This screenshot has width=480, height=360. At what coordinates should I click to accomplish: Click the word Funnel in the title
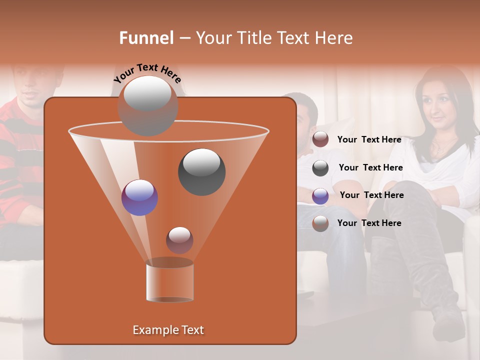point(146,38)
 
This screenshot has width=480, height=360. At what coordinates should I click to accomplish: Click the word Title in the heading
point(252,38)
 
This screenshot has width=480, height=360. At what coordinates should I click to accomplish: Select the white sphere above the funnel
point(147,105)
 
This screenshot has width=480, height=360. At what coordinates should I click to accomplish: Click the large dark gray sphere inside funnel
point(202,172)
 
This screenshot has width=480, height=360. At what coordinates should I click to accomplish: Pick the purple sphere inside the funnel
point(139,197)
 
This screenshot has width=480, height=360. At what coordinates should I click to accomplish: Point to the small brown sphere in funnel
point(179,240)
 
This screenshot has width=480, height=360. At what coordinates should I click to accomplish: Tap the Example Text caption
point(168,330)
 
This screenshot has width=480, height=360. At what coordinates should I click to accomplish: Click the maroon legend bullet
point(320,139)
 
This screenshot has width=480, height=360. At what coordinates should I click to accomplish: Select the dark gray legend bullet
point(320,168)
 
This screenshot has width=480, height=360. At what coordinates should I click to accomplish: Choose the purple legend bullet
point(320,195)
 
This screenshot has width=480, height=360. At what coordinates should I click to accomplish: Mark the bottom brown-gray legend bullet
point(320,223)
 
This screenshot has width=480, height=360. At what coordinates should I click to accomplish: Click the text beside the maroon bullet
point(369,140)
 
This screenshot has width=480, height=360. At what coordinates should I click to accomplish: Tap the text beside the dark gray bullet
point(370,167)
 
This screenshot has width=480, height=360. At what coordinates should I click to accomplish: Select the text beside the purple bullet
point(371,195)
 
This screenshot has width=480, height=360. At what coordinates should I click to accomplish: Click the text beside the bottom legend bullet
point(369,223)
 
